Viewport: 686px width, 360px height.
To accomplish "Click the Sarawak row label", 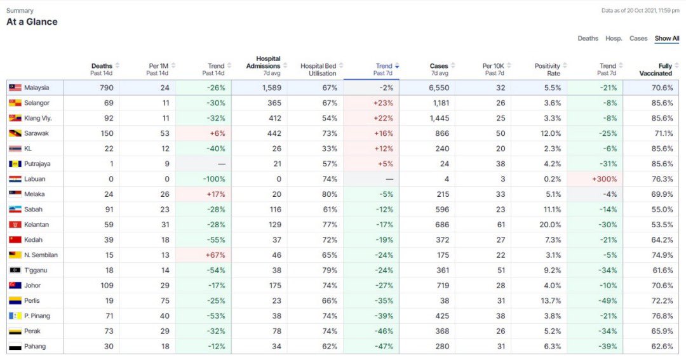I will (36, 133).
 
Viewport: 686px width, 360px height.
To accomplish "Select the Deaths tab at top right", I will (588, 39).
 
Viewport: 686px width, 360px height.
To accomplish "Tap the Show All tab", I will (667, 39).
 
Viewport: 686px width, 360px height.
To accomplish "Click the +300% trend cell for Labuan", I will (603, 179).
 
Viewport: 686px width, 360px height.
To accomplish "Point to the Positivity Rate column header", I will (547, 69).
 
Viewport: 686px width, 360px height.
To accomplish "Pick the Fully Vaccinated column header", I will (664, 69).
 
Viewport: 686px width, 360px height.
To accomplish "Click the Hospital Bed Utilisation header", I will (318, 69).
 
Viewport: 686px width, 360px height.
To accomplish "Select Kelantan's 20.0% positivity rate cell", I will (550, 225).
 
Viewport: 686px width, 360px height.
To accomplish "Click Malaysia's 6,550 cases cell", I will (439, 88).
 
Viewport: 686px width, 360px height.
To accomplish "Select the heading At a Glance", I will (32, 22).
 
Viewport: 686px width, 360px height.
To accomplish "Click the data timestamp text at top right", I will (640, 11).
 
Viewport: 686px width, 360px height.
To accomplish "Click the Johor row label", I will (32, 286).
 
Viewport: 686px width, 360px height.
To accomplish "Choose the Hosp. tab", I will (614, 39).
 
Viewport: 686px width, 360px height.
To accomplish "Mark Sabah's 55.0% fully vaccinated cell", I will (662, 210).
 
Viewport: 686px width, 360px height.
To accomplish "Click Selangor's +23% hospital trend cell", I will (384, 103).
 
